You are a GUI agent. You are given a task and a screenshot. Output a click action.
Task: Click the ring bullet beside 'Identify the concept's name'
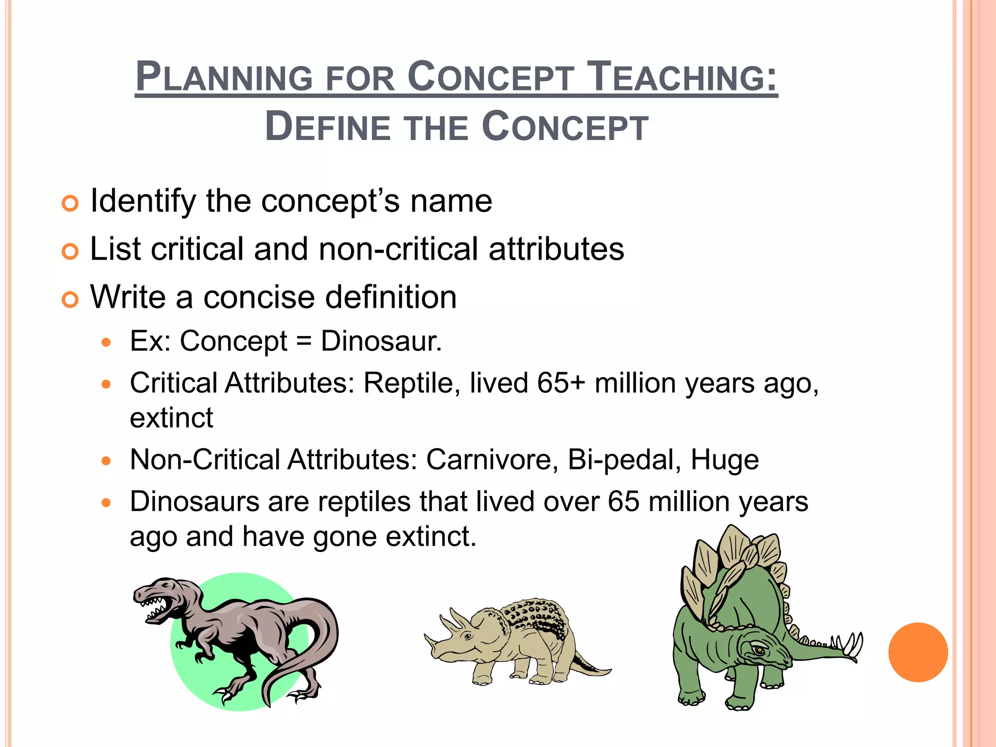[x=71, y=203]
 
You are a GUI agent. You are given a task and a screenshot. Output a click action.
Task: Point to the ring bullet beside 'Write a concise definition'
[x=71, y=300]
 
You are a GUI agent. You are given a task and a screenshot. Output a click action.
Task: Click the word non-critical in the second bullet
[x=398, y=249]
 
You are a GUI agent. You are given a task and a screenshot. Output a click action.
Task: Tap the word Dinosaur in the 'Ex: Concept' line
[x=381, y=341]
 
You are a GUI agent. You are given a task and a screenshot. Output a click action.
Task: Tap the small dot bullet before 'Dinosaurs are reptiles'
[x=107, y=502]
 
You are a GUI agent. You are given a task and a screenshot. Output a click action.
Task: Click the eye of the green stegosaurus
[x=759, y=650]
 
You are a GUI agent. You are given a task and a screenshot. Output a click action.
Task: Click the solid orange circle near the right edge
[x=918, y=652]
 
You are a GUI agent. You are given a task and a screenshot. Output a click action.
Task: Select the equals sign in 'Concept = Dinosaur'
[x=303, y=341]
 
